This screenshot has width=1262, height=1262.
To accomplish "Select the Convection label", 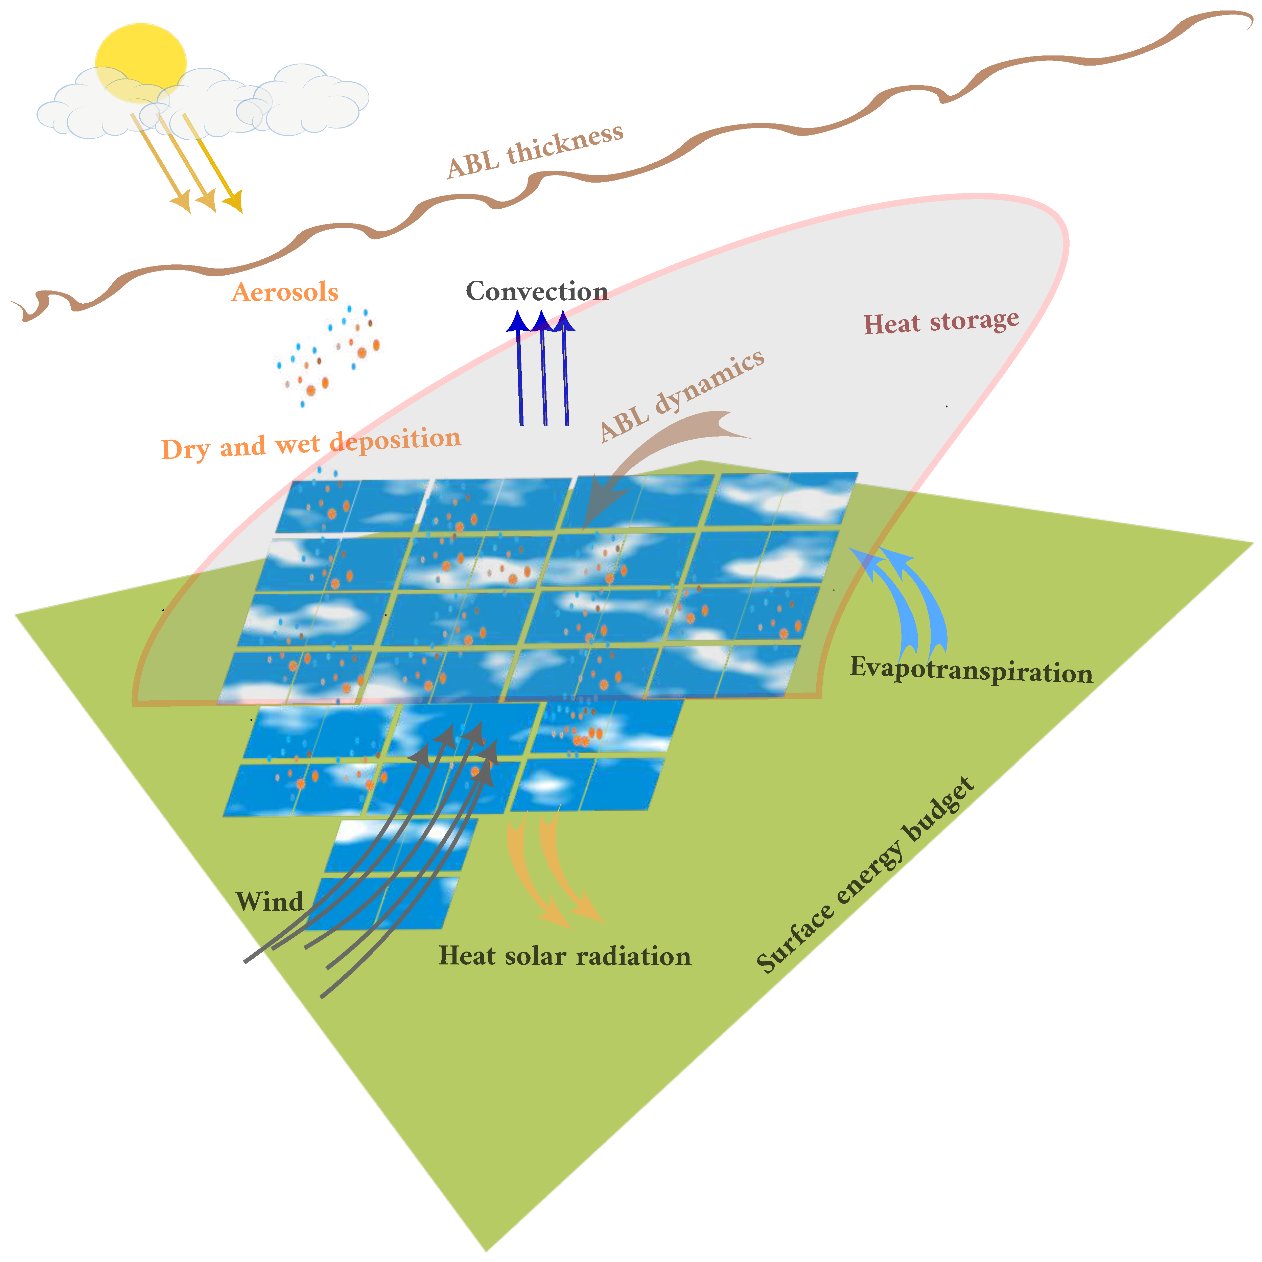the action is [537, 291].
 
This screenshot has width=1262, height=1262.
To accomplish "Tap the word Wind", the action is [269, 902].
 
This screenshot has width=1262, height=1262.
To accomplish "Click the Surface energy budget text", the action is [865, 875].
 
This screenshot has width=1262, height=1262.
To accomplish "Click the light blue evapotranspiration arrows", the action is [908, 601].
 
